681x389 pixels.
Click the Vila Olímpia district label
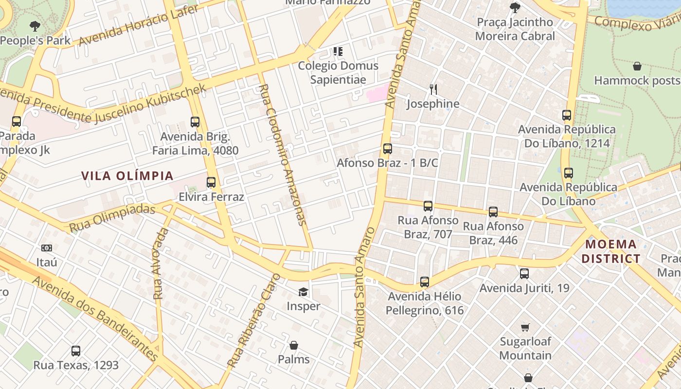point(127,176)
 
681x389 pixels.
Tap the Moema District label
point(611,251)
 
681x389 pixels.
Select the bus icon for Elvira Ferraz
point(211,182)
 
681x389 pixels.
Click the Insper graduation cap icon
point(303,292)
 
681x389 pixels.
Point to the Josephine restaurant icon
point(433,89)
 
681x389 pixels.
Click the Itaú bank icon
point(47,248)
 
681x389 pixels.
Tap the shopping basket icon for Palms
point(294,345)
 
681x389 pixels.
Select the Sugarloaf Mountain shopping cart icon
point(525,327)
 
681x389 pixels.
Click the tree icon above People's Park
point(35,26)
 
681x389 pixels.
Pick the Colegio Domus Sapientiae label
point(338,72)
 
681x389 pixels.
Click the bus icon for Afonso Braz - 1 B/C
point(387,149)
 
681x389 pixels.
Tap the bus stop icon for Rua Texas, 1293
point(76,351)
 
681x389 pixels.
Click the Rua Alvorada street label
point(161,263)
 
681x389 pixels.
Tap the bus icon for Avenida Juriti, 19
point(524,274)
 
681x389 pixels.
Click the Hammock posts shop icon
point(637,66)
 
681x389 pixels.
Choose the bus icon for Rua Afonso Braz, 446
point(493,212)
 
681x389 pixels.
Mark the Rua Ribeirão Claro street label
point(254,320)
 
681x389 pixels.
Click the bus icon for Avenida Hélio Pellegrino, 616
point(425,282)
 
